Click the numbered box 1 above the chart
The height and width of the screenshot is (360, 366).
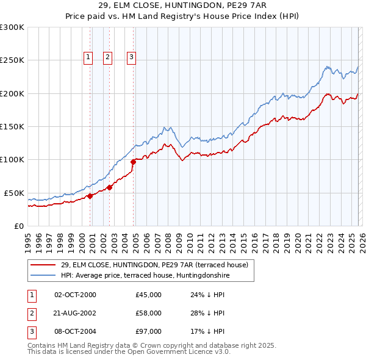click(88, 57)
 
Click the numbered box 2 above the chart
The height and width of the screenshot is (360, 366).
click(108, 57)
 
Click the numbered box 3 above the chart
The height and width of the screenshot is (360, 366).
click(131, 57)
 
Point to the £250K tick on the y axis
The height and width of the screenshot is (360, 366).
click(12, 60)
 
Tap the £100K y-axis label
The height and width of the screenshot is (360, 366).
click(12, 159)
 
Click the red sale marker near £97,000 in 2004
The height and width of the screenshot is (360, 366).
click(133, 162)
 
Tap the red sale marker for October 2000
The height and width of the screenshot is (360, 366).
click(90, 196)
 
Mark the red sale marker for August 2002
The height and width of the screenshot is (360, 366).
click(110, 187)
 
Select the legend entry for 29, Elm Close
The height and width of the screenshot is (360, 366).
click(154, 265)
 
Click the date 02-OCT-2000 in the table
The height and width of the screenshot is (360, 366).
click(75, 295)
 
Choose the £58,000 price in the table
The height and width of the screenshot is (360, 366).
click(148, 313)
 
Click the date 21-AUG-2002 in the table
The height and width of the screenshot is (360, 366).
click(75, 313)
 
